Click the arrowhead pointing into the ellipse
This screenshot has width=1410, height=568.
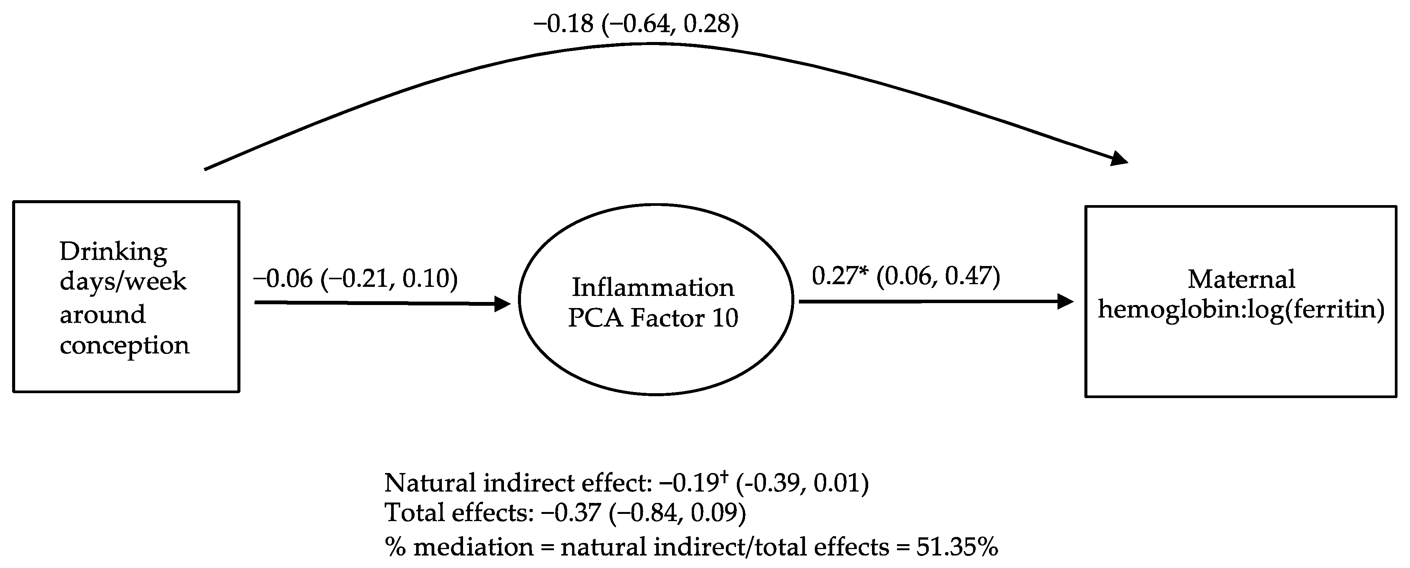[502, 304]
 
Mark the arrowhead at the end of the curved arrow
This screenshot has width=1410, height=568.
[1119, 160]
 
